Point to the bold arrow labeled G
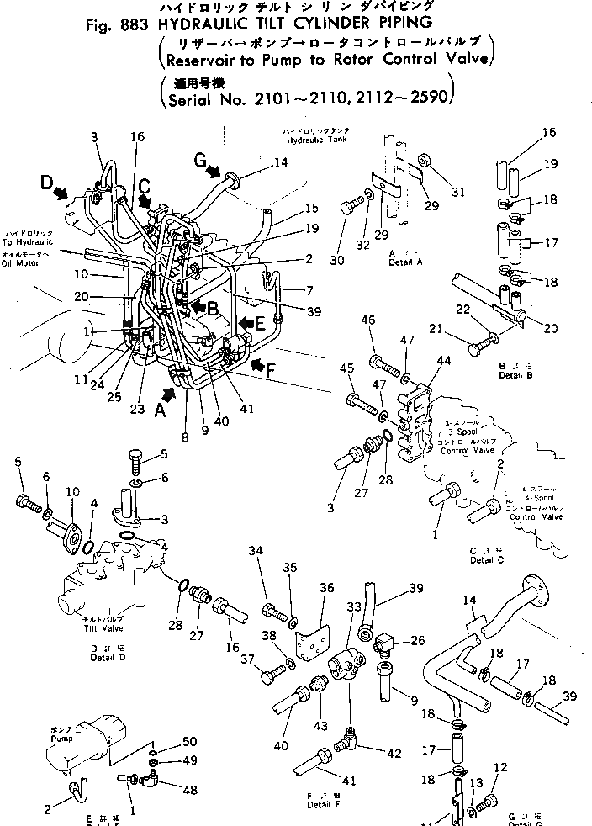pos(207,167)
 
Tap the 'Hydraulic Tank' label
pos(315,144)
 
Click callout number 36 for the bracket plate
pos(327,588)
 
